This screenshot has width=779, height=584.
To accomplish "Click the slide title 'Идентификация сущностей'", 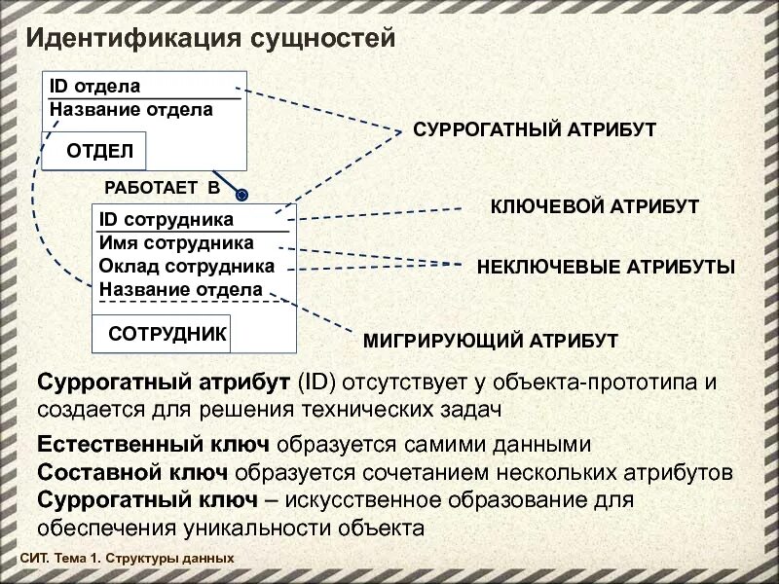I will pyautogui.click(x=209, y=39).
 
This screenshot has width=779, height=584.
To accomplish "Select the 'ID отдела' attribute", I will pyautogui.click(x=94, y=88).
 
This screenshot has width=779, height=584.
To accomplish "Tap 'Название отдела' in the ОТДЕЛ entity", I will pyautogui.click(x=130, y=110).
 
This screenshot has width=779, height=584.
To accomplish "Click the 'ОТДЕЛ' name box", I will pyautogui.click(x=99, y=152).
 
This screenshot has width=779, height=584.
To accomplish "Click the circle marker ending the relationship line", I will pyautogui.click(x=242, y=193).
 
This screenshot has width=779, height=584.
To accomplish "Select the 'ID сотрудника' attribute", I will pyautogui.click(x=167, y=221).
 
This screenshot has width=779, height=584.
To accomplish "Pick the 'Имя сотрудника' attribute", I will pyautogui.click(x=176, y=243).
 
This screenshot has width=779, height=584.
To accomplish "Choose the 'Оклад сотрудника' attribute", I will pyautogui.click(x=187, y=266).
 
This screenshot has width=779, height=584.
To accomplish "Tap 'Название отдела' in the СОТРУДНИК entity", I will pyautogui.click(x=180, y=289).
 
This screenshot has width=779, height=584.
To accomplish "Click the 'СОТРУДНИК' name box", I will pyautogui.click(x=167, y=334).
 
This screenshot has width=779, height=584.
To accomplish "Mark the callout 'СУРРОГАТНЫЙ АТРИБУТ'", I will pyautogui.click(x=535, y=129).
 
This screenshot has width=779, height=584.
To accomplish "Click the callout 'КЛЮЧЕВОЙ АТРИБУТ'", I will pyautogui.click(x=594, y=206).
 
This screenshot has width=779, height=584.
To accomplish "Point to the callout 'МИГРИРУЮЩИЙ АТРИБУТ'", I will pyautogui.click(x=491, y=341).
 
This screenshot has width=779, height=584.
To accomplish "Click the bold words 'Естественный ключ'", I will pyautogui.click(x=153, y=445).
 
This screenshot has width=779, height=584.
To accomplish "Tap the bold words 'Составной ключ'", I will pyautogui.click(x=132, y=472).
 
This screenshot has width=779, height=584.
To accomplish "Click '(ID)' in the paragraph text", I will pyautogui.click(x=315, y=382).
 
